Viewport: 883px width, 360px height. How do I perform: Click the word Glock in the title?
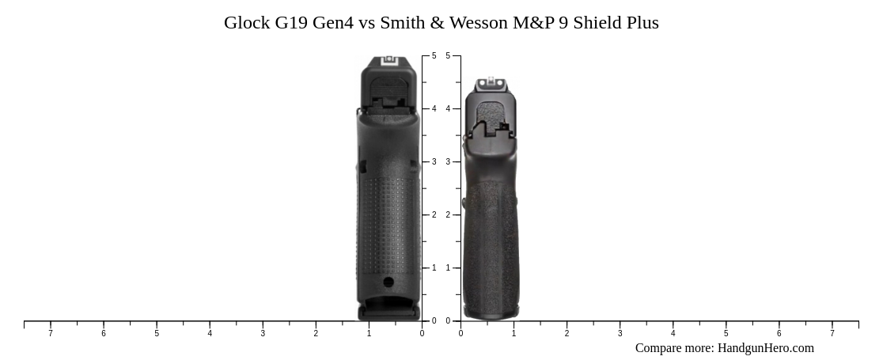point(247,23)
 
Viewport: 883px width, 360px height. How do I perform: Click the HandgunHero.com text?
point(765,348)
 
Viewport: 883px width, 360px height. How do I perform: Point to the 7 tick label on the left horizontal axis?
point(51,334)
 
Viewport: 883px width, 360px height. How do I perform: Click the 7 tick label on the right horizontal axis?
point(832,334)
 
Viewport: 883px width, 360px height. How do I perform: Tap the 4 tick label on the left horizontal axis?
point(210,334)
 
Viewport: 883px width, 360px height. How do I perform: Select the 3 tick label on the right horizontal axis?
point(620,334)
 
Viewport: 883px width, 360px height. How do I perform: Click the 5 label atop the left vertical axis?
point(434,56)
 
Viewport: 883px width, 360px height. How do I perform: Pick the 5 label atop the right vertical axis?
point(448,56)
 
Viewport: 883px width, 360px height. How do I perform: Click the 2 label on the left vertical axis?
point(434,215)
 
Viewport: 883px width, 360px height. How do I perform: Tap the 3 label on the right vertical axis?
point(448,162)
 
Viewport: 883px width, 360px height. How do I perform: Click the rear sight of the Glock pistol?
point(388,61)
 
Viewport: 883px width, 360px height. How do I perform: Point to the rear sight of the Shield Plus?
point(491,81)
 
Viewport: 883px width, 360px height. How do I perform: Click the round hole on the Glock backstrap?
point(388,282)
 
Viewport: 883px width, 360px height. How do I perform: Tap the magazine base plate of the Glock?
point(388,313)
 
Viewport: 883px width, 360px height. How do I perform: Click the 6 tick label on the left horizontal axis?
point(104,334)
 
